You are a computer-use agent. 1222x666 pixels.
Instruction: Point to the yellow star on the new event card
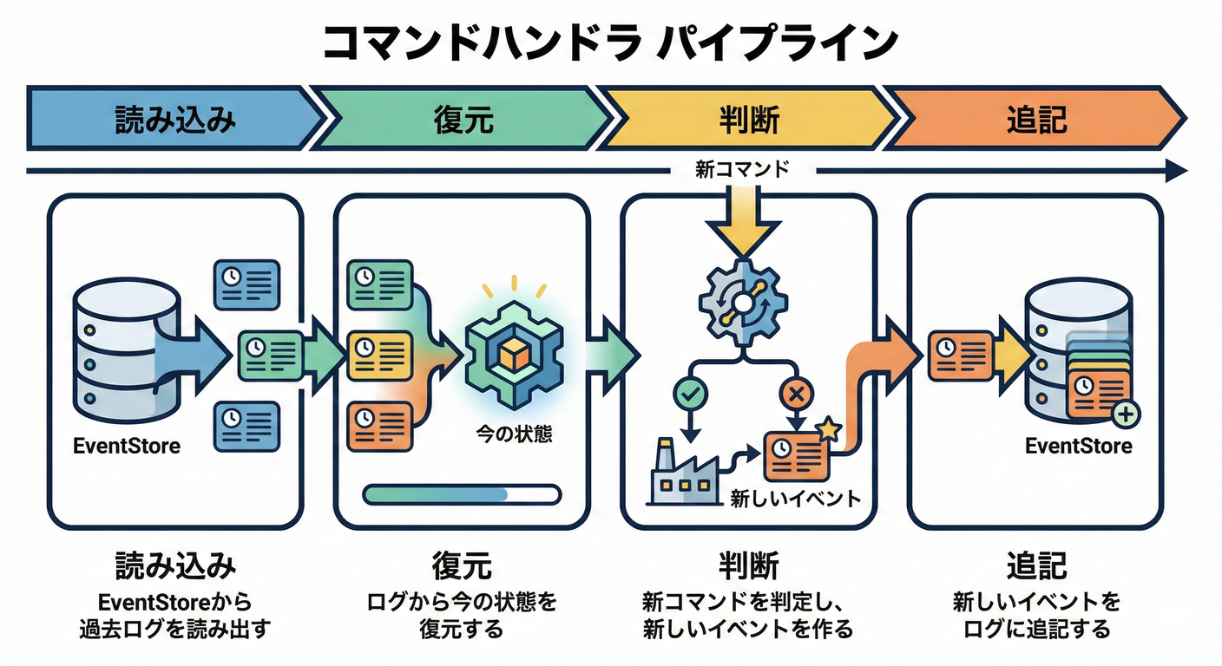828,428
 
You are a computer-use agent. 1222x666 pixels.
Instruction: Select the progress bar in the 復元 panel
462,494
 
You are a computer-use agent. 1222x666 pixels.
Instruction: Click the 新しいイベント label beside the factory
795,499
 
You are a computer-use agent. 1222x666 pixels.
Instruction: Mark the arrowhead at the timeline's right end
1175,171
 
